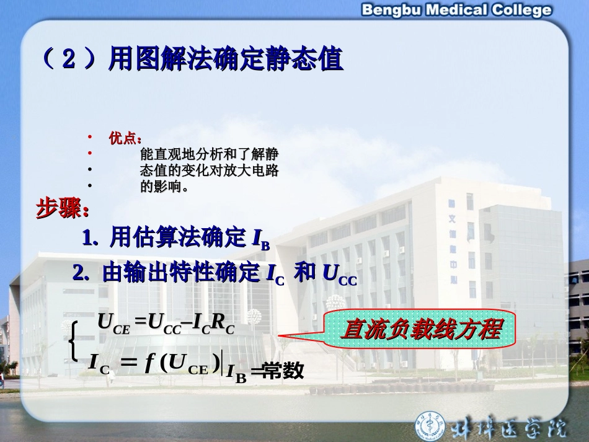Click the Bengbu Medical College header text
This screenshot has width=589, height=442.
[456, 10]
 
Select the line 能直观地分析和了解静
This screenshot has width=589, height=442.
[209, 154]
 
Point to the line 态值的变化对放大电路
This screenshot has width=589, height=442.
[209, 170]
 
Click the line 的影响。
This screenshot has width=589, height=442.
[164, 186]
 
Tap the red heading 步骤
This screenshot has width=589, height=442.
[62, 209]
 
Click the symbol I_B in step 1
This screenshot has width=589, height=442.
[261, 239]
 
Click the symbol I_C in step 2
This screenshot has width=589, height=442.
[274, 275]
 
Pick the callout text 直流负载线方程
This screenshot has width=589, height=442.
[422, 329]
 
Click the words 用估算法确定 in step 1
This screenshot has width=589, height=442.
[178, 237]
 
